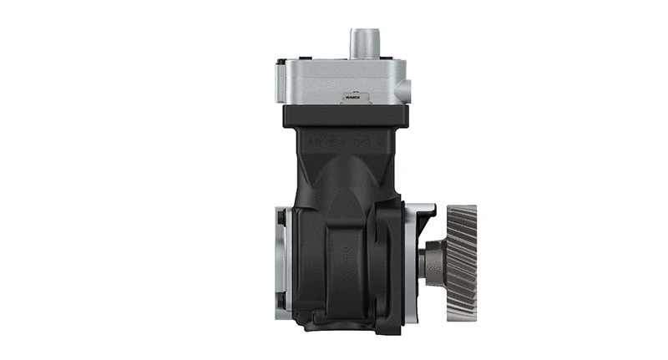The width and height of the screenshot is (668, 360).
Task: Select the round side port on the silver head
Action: (406, 89)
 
